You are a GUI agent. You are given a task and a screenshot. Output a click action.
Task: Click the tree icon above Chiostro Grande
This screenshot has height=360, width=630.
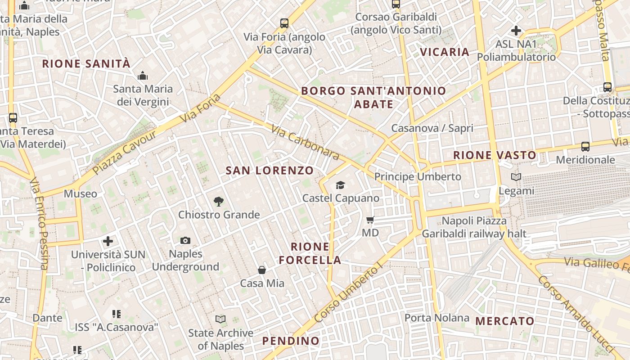click(x=218, y=201)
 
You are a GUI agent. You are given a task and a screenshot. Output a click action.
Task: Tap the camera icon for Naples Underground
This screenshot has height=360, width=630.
click(x=185, y=241)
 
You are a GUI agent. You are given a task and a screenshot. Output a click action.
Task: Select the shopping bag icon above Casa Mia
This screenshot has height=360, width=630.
click(x=262, y=270)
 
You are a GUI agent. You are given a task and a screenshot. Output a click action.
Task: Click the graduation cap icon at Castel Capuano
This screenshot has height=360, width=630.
click(x=340, y=185)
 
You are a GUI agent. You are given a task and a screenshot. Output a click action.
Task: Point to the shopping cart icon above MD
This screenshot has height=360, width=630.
click(x=370, y=220)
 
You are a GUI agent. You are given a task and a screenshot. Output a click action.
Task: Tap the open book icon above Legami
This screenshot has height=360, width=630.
click(x=516, y=177)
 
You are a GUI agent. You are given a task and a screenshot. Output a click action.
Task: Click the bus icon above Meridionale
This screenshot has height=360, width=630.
click(x=585, y=146)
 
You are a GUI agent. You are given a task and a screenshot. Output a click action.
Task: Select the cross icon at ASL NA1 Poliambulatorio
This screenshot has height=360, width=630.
click(x=516, y=31)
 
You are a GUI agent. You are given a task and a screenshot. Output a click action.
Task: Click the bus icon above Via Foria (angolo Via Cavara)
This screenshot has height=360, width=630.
click(x=284, y=23)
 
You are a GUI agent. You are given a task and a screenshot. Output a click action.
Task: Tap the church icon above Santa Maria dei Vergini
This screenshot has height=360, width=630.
click(x=143, y=76)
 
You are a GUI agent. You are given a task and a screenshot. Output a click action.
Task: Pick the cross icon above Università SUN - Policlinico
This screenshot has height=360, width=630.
click(x=108, y=241)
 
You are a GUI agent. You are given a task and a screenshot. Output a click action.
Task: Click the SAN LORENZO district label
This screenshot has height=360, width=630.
click(x=270, y=171)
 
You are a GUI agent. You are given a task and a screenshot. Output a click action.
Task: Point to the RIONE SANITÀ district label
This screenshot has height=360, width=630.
click(x=86, y=63)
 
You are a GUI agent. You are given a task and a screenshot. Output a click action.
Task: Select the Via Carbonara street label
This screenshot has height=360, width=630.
click(x=305, y=142)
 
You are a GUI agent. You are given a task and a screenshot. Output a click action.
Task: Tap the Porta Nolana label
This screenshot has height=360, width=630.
click(x=436, y=318)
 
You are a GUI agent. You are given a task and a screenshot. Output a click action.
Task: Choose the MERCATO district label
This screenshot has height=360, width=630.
click(x=505, y=321)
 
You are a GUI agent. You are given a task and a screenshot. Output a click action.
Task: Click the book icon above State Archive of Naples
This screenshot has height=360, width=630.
click(x=220, y=319)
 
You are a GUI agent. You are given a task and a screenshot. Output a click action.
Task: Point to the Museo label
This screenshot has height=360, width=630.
click(x=81, y=194)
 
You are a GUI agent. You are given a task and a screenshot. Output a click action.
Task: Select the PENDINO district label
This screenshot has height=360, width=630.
click(x=291, y=341)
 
